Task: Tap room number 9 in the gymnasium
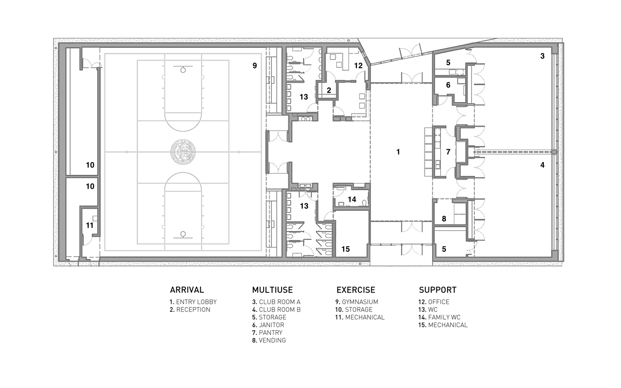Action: click(x=255, y=66)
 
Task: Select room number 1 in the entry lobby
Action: click(x=398, y=152)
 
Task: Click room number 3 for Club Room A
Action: click(x=543, y=56)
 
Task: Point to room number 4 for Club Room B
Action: click(x=543, y=165)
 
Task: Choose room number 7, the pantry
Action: click(x=448, y=152)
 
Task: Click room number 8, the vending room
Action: click(x=444, y=219)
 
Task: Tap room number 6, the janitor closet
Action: click(x=448, y=85)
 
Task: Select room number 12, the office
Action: click(x=358, y=66)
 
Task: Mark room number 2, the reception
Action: click(x=329, y=91)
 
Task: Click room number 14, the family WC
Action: click(x=352, y=199)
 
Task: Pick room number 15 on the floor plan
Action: click(x=345, y=249)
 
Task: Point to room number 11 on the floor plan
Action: click(x=90, y=225)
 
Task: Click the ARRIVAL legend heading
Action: click(x=187, y=290)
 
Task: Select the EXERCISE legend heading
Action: click(x=356, y=290)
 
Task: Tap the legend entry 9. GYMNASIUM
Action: click(x=357, y=302)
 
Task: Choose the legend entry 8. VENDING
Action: click(x=269, y=341)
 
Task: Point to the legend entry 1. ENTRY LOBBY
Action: click(x=193, y=302)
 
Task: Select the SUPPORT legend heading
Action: click(x=438, y=290)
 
